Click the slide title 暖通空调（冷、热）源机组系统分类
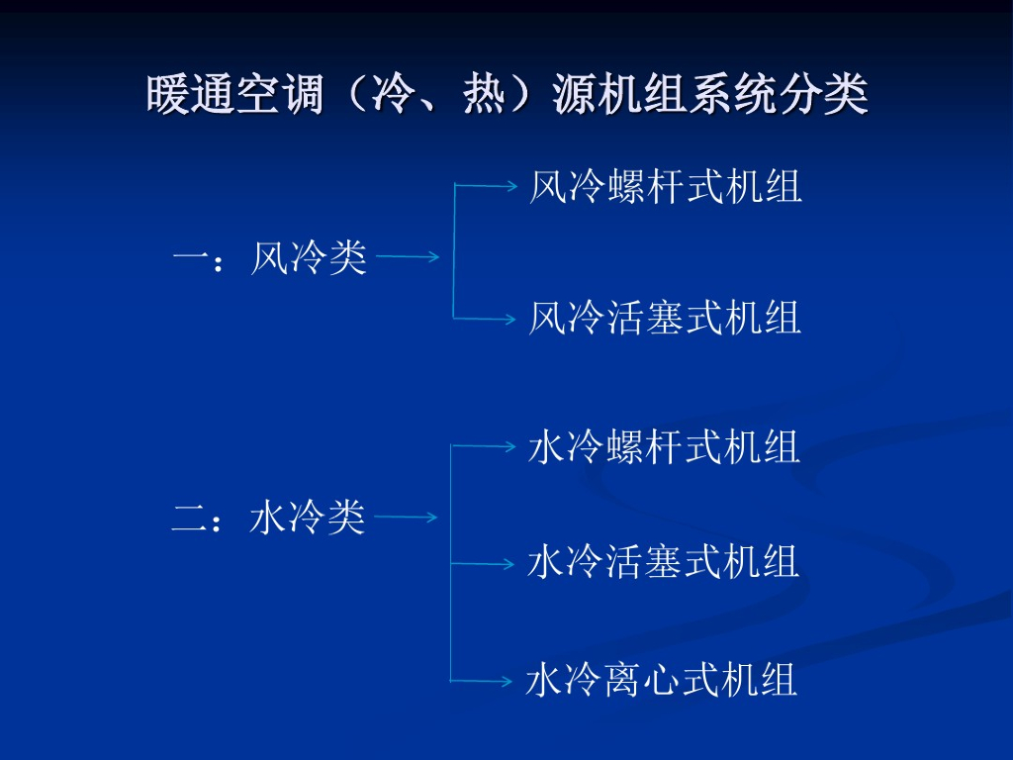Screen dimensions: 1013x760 click(506, 97)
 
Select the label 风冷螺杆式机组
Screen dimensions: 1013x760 click(665, 187)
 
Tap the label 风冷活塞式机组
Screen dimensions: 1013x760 click(665, 319)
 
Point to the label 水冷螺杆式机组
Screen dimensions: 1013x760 click(664, 447)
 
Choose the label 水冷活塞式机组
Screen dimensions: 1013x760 click(664, 563)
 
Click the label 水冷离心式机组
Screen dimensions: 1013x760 click(662, 681)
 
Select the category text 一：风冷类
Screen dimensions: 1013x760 click(269, 259)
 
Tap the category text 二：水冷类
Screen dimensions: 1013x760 click(268, 518)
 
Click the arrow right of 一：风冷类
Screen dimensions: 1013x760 click(408, 258)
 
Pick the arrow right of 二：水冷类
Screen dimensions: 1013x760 click(407, 518)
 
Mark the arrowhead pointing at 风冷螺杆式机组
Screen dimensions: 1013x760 click(510, 185)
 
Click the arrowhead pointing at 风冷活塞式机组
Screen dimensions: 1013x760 click(510, 319)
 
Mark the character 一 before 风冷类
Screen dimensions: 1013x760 click(190, 259)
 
